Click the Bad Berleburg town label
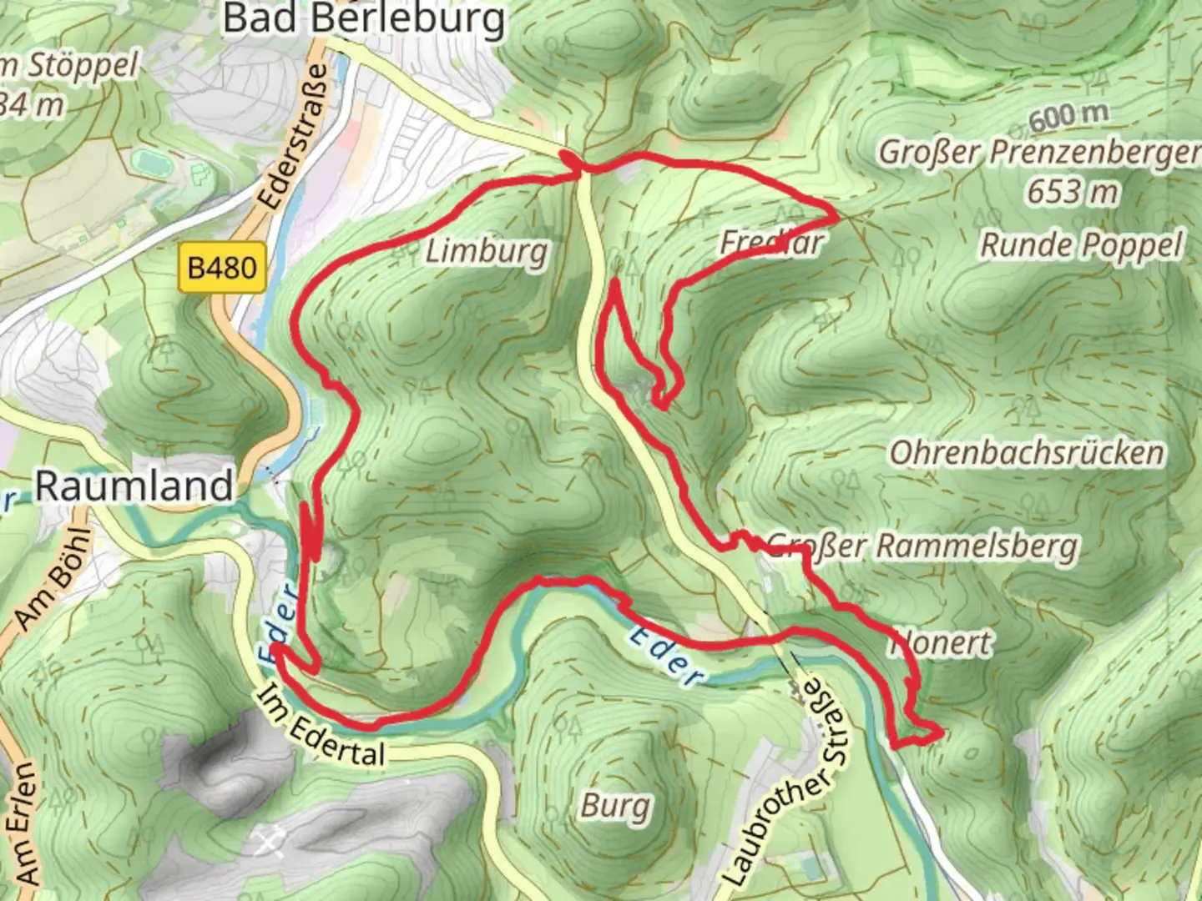click(364, 18)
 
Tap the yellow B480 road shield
click(222, 268)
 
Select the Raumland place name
click(134, 486)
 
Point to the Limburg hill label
click(487, 251)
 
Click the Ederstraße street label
click(293, 138)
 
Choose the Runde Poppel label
click(1081, 245)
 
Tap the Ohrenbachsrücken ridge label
click(1026, 453)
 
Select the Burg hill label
click(615, 806)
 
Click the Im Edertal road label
click(321, 727)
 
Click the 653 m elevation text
click(1072, 192)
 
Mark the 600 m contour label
click(1068, 117)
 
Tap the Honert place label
click(942, 643)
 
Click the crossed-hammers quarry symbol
click(268, 843)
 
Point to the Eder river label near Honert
click(665, 656)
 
